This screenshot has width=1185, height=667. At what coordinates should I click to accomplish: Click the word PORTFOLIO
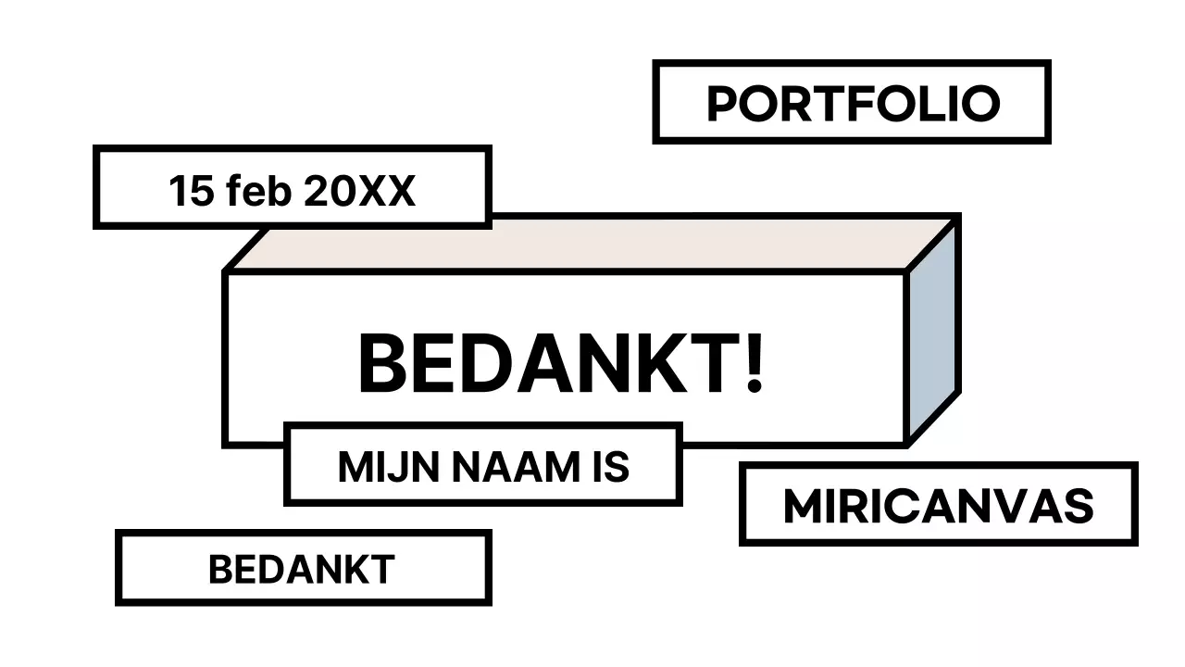click(853, 103)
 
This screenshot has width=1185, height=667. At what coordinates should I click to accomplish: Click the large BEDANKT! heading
click(561, 364)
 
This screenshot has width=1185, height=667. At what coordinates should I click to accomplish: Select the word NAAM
click(501, 467)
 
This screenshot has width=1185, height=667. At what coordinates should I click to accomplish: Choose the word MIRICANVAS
click(938, 506)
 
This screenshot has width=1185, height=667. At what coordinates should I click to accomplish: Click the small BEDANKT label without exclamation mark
click(302, 569)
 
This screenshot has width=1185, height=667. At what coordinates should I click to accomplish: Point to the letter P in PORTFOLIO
click(723, 103)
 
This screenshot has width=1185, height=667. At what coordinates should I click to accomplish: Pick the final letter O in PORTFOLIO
click(980, 103)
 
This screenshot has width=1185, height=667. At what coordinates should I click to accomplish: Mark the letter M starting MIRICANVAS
click(802, 506)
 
